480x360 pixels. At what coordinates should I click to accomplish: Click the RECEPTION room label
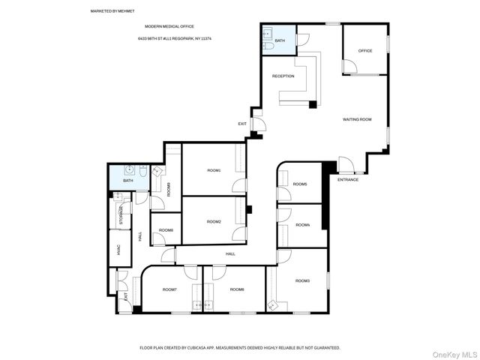283,76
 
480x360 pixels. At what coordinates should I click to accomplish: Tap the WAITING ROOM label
357,119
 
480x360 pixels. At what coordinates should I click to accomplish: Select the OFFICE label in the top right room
365,51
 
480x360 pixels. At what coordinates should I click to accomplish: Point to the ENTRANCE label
348,179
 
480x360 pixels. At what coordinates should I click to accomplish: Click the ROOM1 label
214,170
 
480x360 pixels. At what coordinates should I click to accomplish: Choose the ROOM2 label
214,221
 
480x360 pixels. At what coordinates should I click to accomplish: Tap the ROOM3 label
302,280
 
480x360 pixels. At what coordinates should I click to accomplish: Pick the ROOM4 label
302,224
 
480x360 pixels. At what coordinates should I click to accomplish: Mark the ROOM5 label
300,184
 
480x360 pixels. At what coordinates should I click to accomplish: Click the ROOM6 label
237,289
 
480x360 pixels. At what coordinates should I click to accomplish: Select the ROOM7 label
169,289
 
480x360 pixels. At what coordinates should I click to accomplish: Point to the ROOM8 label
166,229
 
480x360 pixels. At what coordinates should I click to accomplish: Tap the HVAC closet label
118,251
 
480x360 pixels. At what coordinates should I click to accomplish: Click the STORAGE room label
120,212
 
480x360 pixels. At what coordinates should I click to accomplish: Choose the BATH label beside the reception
280,40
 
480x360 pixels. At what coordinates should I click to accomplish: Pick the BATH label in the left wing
127,180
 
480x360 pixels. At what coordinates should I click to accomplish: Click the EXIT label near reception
242,124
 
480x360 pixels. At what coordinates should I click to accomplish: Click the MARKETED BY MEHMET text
109,12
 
